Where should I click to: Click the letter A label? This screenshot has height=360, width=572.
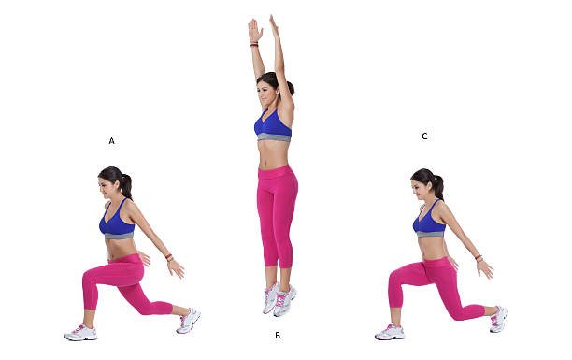tap(111, 141)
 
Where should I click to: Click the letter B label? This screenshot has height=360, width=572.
tap(277, 335)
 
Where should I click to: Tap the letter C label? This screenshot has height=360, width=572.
tap(424, 137)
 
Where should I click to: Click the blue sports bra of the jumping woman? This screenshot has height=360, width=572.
tap(272, 125)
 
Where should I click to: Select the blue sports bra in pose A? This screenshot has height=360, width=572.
tap(117, 223)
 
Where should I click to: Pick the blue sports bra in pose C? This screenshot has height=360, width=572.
tap(429, 223)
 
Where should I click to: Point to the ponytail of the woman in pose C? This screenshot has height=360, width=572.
tap(437, 185)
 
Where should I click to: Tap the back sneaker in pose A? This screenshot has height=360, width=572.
tap(188, 320)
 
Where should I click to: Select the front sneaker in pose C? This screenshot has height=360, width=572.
tap(391, 332)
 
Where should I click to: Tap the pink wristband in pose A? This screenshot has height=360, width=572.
tap(169, 256)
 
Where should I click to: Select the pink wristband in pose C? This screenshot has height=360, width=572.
tap(479, 256)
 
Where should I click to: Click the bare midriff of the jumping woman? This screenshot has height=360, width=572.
tap(274, 154)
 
